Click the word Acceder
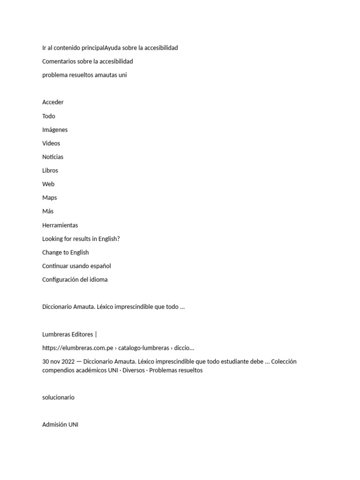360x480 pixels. point(53,102)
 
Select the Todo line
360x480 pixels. point(49,116)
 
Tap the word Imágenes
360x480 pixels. point(55,130)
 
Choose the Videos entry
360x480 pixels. point(51,143)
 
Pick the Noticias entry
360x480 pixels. point(53,157)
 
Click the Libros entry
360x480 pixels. point(50,171)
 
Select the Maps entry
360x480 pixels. point(50,198)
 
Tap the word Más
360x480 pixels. point(48,211)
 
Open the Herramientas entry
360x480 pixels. point(60,225)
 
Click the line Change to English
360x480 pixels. point(66,253)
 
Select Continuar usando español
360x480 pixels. point(76,266)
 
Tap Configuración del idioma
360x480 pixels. point(75,280)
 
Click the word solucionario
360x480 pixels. point(58,397)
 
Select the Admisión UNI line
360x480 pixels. point(60,425)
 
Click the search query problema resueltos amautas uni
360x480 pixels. point(84,75)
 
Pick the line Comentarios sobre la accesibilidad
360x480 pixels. point(88,61)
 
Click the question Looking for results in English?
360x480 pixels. point(81,239)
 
